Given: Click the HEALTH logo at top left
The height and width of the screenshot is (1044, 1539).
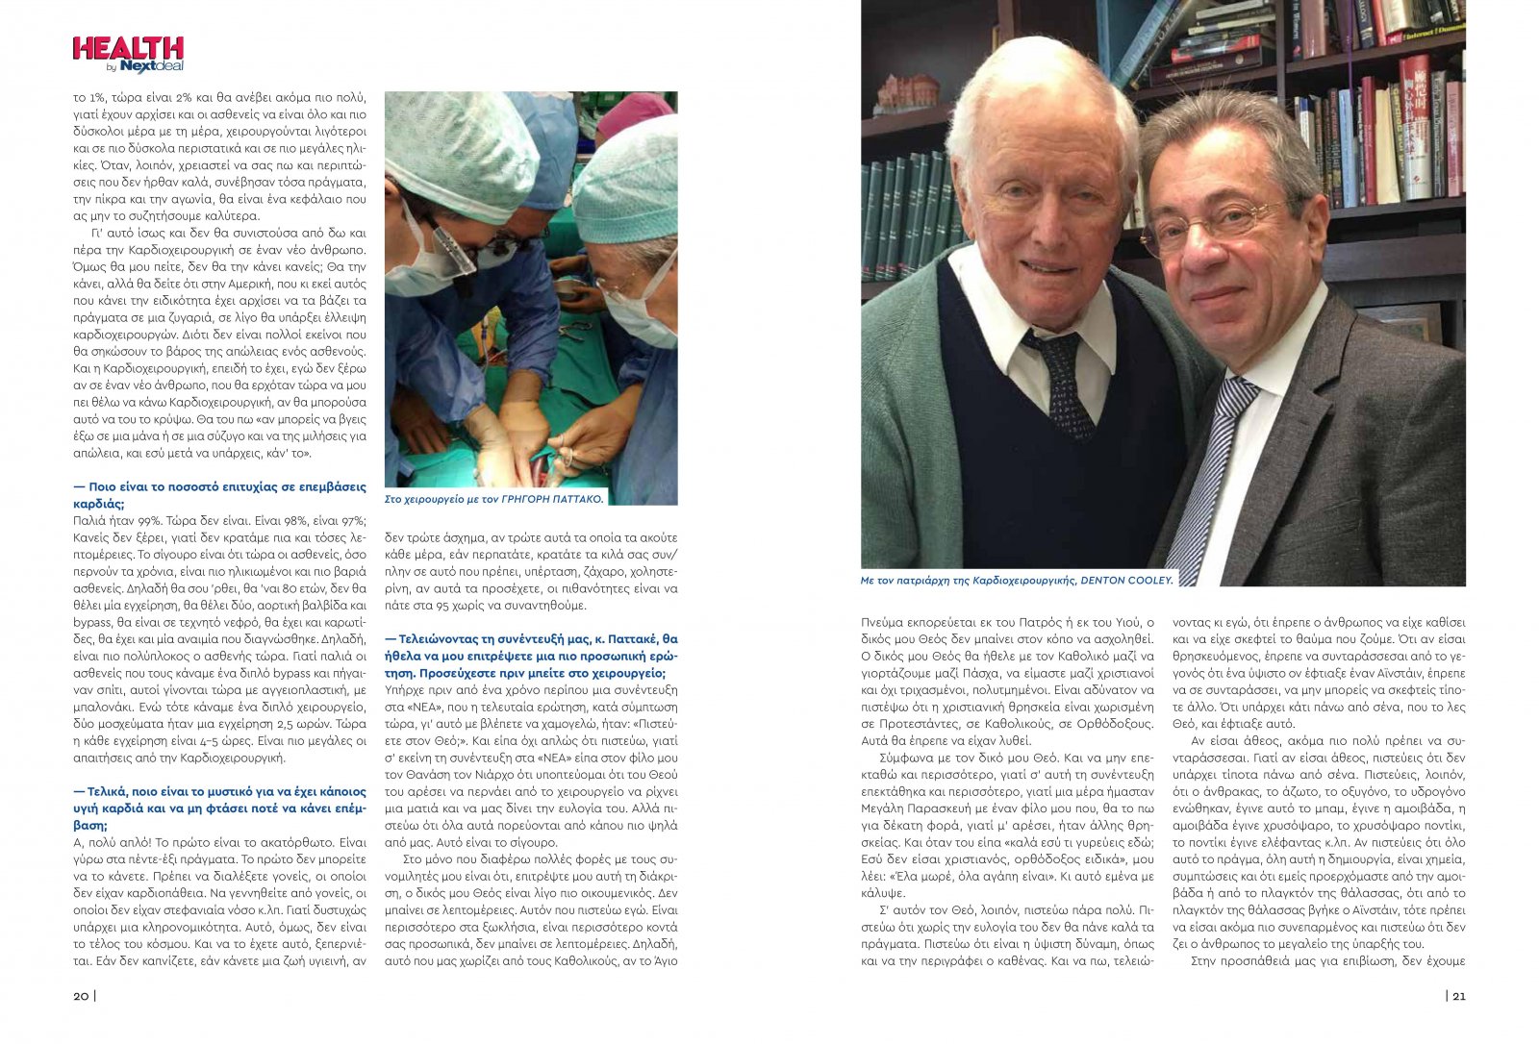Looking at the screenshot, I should [128, 49].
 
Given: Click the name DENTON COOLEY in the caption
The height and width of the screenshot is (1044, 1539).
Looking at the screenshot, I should [1126, 581].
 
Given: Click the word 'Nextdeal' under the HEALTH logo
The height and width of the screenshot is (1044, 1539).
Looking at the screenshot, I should [152, 66].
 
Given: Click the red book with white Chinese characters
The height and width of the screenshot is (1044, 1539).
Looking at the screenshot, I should [1414, 125].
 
